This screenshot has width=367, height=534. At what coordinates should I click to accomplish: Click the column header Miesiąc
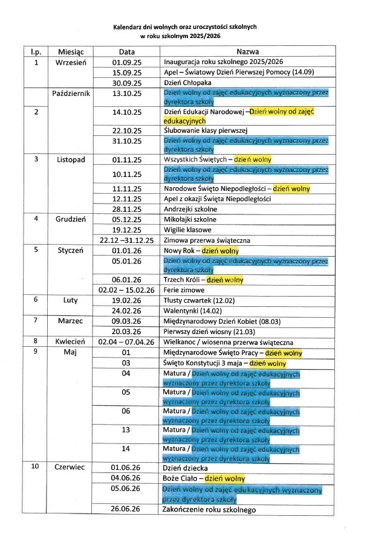tap(71, 52)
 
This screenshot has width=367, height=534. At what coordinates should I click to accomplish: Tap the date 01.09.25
tap(127, 62)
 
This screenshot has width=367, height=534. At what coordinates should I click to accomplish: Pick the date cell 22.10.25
tap(127, 130)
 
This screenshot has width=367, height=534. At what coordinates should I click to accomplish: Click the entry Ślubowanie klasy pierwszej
tap(203, 130)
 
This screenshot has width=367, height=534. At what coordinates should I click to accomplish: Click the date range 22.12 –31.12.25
tap(127, 240)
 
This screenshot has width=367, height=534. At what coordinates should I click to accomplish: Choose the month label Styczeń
tap(71, 250)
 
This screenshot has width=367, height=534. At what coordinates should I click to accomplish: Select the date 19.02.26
tap(127, 300)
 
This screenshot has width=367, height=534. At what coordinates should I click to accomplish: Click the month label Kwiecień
tap(71, 342)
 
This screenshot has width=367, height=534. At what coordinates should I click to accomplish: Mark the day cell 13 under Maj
tap(127, 430)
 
